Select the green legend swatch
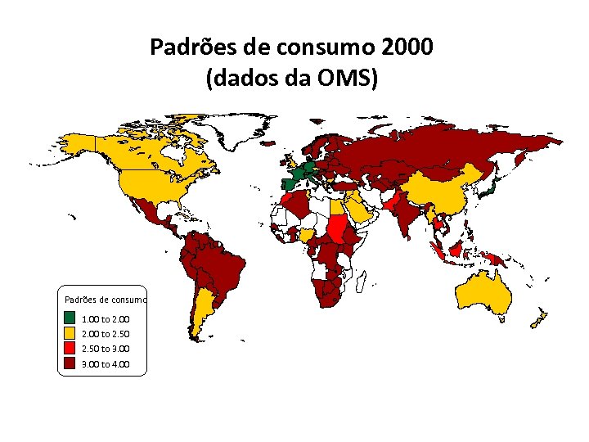70,318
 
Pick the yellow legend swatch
70,333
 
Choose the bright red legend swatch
70,349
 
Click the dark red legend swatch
70,364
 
